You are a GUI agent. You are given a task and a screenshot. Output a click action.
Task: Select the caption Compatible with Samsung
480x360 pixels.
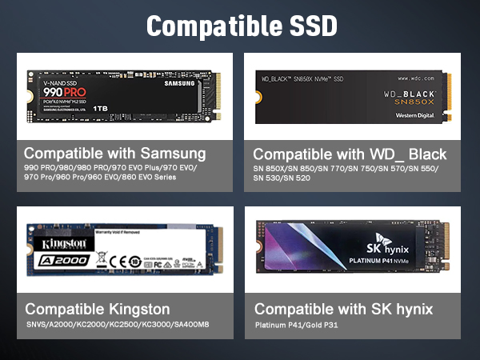pyautogui.click(x=114, y=153)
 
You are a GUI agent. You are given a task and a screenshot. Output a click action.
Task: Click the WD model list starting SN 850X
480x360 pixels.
pyautogui.click(x=346, y=172)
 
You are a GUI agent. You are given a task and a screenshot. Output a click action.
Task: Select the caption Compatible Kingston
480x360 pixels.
pyautogui.click(x=97, y=308)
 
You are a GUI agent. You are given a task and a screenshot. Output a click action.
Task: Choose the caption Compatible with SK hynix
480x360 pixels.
pyautogui.click(x=343, y=309)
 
